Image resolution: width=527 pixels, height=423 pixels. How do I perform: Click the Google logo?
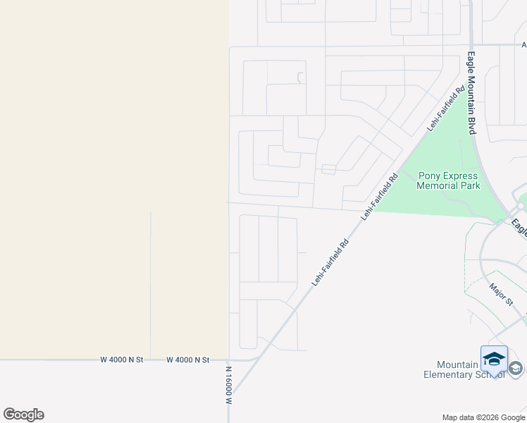click(x=23, y=415)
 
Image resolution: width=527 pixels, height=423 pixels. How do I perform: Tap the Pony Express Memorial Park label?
click(x=448, y=181)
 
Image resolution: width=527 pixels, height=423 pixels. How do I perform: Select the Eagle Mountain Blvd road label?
click(x=472, y=92)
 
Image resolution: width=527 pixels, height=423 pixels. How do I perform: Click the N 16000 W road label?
click(x=229, y=384)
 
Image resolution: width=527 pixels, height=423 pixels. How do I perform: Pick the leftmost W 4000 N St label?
click(x=122, y=360)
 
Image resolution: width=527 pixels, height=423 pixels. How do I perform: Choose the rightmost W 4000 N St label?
click(x=188, y=360)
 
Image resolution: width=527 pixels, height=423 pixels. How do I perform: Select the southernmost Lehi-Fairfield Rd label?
click(x=330, y=262)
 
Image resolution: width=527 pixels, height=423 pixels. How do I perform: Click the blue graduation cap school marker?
click(x=494, y=359)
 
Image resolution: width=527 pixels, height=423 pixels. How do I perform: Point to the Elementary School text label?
click(x=464, y=374)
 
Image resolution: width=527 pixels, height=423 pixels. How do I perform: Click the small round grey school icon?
click(x=516, y=368)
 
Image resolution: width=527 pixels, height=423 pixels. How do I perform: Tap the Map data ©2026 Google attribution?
click(x=483, y=417)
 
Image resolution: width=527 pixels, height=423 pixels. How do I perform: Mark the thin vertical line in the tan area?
click(x=151, y=282)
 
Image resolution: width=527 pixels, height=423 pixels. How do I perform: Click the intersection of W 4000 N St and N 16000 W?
click(x=229, y=360)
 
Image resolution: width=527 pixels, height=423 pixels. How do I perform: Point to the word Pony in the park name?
click(x=430, y=176)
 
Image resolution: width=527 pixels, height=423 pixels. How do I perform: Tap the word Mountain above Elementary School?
click(x=458, y=364)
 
